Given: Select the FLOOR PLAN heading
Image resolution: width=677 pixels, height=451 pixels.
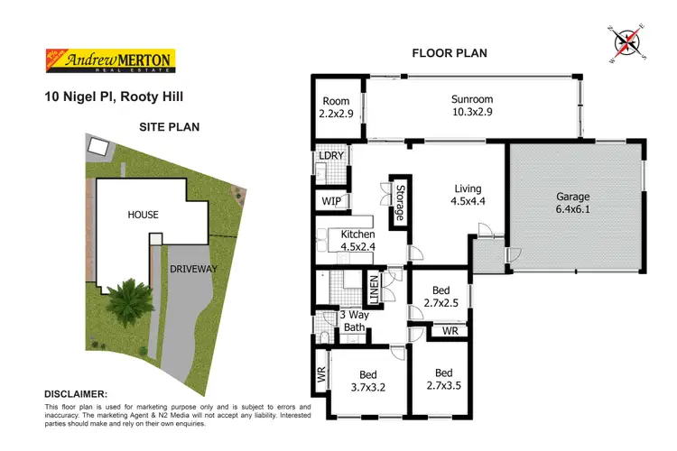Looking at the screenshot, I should click(450, 53).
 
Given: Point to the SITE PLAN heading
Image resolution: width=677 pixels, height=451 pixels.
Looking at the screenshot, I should click(169, 127).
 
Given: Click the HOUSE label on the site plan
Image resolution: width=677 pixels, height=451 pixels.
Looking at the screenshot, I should click(143, 215).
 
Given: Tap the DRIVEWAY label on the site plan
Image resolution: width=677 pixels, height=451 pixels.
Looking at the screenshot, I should click(194, 269).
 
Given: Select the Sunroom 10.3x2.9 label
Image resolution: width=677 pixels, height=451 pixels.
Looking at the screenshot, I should click(472, 106).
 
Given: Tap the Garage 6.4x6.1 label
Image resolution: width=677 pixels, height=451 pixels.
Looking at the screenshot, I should click(572, 203).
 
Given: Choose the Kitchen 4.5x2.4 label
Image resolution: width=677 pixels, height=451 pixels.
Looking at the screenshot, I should click(357, 241).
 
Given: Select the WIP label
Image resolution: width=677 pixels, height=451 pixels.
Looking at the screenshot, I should click(329, 201).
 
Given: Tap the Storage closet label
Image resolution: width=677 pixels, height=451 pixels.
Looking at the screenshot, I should click(398, 202).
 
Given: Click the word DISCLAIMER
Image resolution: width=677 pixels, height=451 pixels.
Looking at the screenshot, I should click(76, 394).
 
